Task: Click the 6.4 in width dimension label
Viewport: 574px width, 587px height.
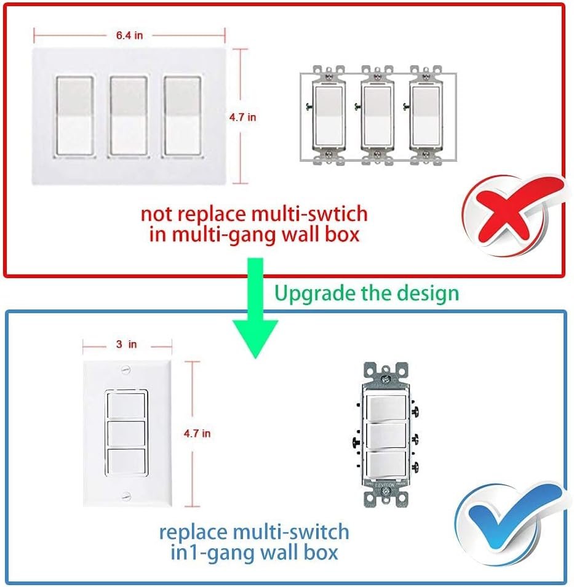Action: click(129, 35)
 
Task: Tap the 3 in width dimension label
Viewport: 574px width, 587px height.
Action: click(127, 344)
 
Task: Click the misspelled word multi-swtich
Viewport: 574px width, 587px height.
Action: click(309, 214)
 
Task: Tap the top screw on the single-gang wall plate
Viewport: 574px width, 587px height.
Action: click(126, 370)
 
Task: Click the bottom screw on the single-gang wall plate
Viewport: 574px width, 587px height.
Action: click(126, 497)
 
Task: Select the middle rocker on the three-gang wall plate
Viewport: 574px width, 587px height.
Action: click(129, 116)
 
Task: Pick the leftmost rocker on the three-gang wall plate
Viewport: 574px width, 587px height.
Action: click(75, 116)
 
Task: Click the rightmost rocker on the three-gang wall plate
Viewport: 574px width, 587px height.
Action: click(182, 116)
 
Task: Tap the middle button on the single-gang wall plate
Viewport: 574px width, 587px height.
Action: click(126, 434)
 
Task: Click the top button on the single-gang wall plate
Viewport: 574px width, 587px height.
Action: click(126, 406)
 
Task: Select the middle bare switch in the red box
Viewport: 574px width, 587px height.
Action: click(377, 115)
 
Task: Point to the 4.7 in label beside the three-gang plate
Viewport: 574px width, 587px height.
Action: click(242, 117)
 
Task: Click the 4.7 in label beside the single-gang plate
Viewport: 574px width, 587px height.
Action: click(197, 434)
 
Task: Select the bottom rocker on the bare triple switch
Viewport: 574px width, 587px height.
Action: click(386, 465)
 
